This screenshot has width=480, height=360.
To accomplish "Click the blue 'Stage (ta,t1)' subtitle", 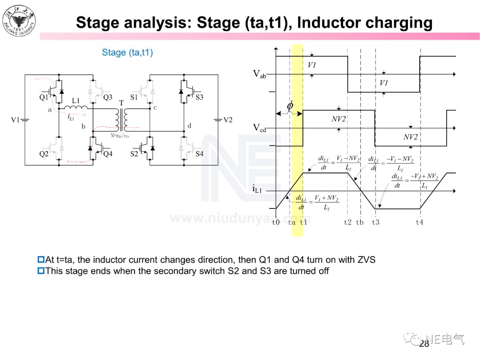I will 127,52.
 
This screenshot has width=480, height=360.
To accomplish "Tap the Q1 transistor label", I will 44,97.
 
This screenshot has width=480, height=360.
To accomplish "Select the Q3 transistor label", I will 108,97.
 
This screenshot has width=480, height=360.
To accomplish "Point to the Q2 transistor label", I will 44,154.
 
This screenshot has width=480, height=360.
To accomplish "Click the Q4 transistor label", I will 108,154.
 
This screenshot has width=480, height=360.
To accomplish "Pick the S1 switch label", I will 134,97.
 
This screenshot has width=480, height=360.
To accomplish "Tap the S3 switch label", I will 199,97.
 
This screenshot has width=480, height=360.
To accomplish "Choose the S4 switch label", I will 199,154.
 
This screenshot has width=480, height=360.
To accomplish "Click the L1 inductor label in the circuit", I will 76,101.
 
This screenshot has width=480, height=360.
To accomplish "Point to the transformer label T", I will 121,103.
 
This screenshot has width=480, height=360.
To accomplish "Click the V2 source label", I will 228,120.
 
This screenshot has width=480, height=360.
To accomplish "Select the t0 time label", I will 276,222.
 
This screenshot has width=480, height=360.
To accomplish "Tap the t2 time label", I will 348,222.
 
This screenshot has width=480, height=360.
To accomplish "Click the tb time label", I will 360,222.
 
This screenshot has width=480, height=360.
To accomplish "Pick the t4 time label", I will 420,222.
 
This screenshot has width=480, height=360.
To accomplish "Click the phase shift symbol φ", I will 290,106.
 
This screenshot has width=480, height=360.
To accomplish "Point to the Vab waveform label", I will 260,74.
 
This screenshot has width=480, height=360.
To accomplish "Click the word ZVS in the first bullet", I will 366,260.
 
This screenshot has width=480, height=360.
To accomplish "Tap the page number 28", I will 424,344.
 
